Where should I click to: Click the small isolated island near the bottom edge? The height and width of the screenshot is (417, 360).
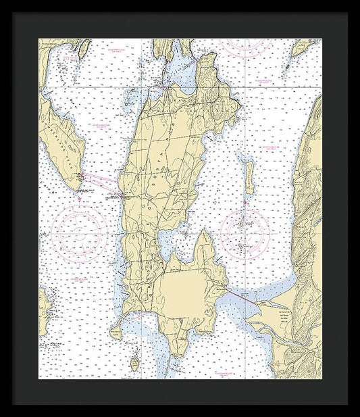pyautogui.click(x=134, y=365)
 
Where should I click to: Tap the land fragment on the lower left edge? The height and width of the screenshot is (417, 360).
pyautogui.click(x=45, y=308)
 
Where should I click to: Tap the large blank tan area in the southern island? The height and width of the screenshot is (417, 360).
pyautogui.click(x=182, y=291)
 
